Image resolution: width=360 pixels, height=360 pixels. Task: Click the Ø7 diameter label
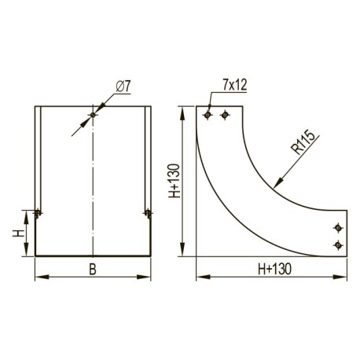click(x=123, y=86)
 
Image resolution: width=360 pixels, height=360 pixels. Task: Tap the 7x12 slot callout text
click(x=235, y=85)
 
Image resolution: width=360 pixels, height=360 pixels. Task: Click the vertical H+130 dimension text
click(x=174, y=181)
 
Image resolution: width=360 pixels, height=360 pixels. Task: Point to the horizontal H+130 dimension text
click(x=274, y=269)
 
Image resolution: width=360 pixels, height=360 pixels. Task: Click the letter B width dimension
click(x=93, y=270)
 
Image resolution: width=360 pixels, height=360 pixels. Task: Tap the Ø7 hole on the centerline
click(x=93, y=115)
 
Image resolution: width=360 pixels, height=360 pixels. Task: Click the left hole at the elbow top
click(x=208, y=115)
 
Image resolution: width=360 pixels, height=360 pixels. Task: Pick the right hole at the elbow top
click(x=225, y=115)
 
